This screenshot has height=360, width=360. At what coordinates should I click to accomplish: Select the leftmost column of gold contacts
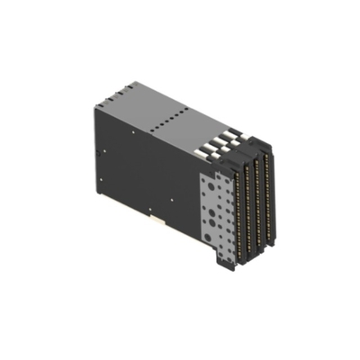(x=238, y=211)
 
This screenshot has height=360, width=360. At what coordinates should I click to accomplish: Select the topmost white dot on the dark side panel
(x=130, y=131)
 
